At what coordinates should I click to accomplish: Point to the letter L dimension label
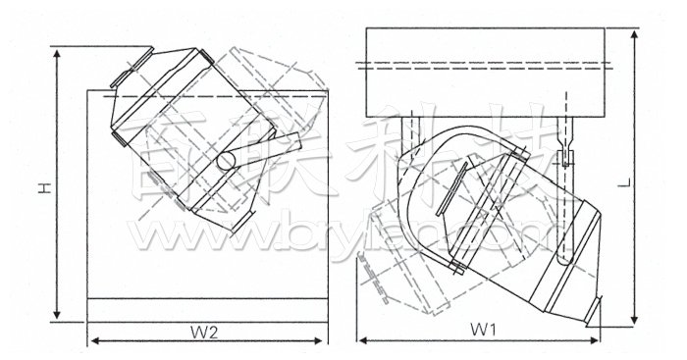point(653,181)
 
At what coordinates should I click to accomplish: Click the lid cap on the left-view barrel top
point(129,71)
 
